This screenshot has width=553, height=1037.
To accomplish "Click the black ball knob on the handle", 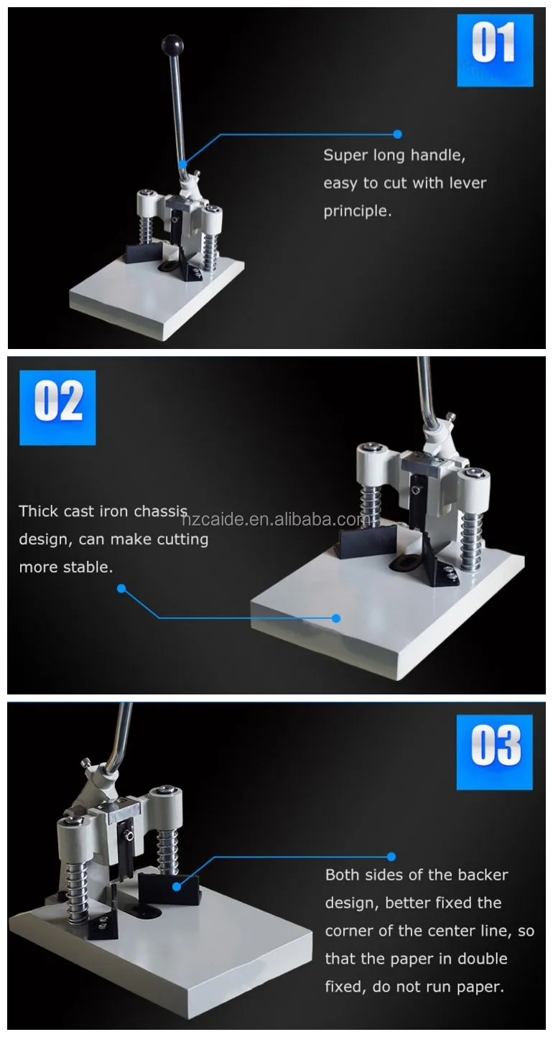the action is coord(172,45).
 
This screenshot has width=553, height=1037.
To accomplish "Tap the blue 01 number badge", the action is coord(495,50).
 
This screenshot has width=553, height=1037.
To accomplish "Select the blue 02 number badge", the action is coord(57,407).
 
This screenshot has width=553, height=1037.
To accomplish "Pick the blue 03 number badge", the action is coord(495,753).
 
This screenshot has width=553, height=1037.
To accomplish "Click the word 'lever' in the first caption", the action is coord(468,183).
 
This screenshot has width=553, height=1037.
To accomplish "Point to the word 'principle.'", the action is coord(358,211).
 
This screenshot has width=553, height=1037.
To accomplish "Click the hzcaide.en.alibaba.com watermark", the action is coord(276,520).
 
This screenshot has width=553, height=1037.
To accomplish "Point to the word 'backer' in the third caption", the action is coord(482,875).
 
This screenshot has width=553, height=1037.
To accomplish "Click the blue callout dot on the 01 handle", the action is coord(183,164).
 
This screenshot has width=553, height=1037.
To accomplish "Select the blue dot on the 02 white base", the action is coord(337,618).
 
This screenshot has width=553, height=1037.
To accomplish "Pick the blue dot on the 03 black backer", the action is coord(177,886).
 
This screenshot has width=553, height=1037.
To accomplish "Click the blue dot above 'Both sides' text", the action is coord(391,857).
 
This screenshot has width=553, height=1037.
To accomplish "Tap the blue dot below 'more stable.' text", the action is coord(121,589).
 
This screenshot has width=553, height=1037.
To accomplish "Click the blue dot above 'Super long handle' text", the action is coord(397,134).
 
